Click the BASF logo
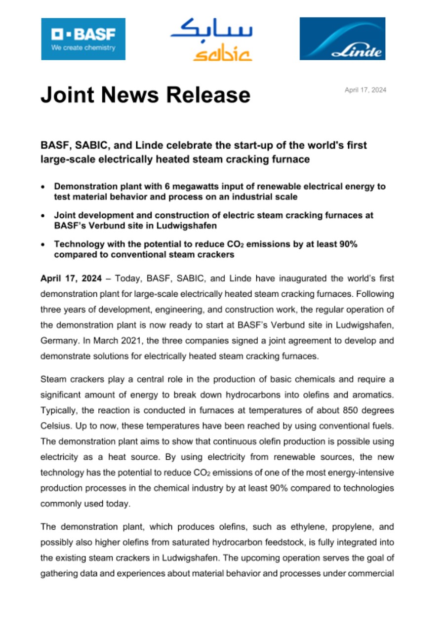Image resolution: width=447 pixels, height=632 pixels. (83, 39)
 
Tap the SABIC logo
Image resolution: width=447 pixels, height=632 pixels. (211, 40)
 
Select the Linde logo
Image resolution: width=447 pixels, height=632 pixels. (342, 39)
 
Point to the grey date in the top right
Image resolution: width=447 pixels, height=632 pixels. (366, 90)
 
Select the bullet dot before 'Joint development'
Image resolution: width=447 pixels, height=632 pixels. (44, 216)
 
